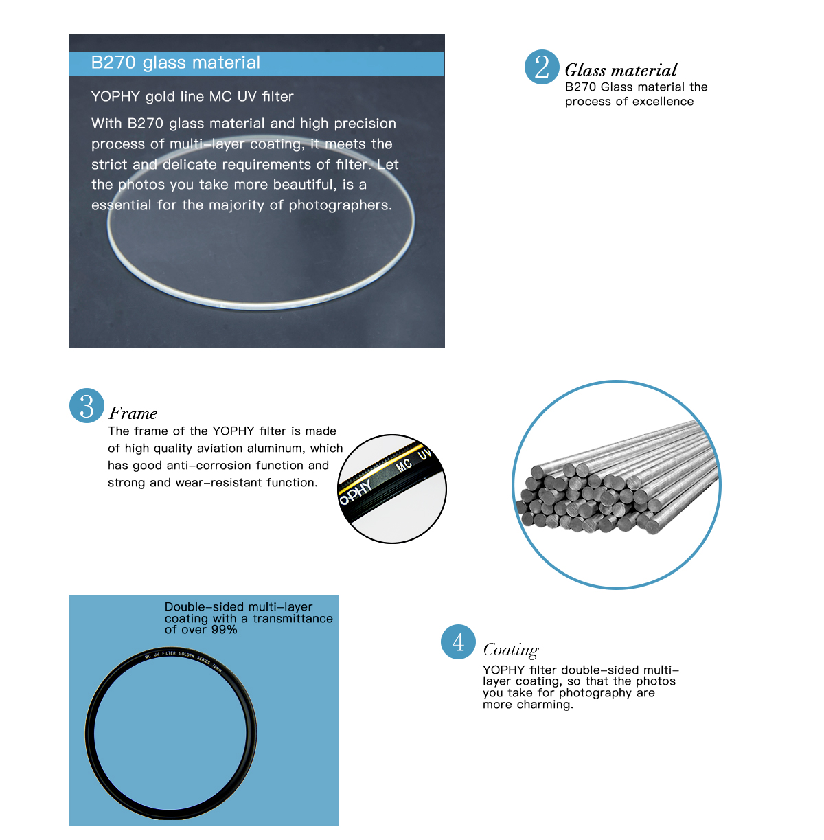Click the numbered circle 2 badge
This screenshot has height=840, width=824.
[542, 67]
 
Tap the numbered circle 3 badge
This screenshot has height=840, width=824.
[87, 406]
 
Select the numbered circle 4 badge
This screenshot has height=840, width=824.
[458, 642]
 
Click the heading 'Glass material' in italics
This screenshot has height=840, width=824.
[621, 70]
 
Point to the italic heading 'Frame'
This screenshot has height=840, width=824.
[133, 413]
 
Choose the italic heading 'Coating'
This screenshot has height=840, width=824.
[511, 650]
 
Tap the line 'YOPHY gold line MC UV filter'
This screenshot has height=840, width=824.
[192, 97]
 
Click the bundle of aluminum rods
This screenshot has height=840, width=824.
[616, 484]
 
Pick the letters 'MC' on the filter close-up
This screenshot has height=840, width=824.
[404, 465]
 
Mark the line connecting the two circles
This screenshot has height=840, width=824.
[478, 495]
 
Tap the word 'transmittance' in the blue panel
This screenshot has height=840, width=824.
[293, 619]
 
